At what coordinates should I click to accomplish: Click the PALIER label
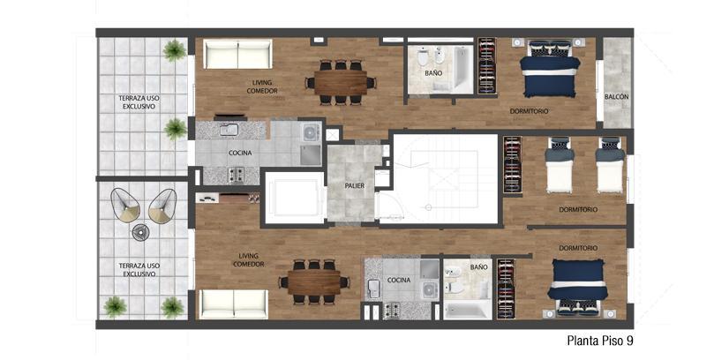pos(354,185)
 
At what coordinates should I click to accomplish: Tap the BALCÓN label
pos(617,97)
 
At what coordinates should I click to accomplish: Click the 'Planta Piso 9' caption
pos(600,341)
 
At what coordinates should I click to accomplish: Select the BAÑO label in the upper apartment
pos(433,73)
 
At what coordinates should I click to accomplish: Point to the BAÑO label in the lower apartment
pos(478,267)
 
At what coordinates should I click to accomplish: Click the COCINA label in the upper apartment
pos(240,153)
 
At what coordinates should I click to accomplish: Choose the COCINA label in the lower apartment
pos(399,281)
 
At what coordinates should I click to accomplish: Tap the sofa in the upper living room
pos(237,54)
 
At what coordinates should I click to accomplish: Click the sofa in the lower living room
pos(234,304)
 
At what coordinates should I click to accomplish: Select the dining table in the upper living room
pos(340,83)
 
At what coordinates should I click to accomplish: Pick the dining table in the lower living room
pos(313,282)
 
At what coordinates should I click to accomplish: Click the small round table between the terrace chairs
pos(140,233)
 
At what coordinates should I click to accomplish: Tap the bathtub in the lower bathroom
pos(468,311)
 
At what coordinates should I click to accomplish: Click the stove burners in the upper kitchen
pos(236,175)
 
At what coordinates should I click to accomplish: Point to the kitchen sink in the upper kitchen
pos(229,131)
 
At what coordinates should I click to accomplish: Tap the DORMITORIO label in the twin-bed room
pos(578,210)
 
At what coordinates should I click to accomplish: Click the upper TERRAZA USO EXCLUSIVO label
pos(139,102)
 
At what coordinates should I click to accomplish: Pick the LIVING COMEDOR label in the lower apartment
pos(249,260)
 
